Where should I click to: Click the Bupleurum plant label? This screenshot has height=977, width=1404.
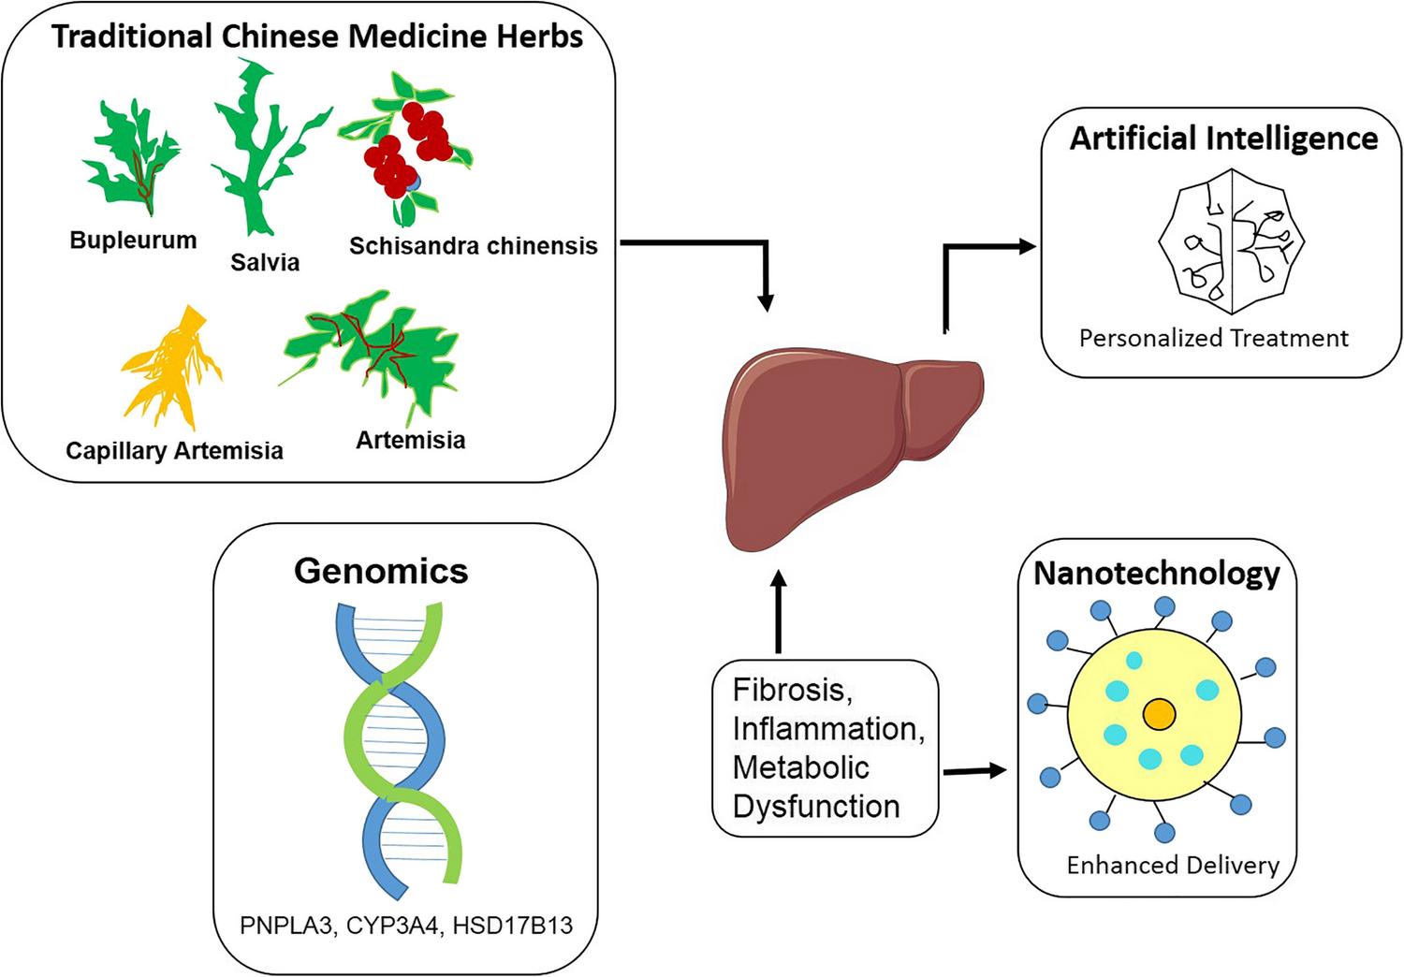(133, 241)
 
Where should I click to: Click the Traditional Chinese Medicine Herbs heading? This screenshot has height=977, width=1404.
(317, 36)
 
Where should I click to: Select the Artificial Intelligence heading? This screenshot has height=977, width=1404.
(1223, 139)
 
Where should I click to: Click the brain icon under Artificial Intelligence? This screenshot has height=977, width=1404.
(1231, 241)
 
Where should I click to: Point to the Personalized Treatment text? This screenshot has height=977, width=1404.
(1213, 338)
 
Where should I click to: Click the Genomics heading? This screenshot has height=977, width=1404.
(381, 571)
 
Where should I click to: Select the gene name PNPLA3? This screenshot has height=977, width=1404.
(285, 926)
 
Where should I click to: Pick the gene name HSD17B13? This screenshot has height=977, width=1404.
(512, 926)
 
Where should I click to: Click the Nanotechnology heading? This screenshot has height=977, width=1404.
(1156, 573)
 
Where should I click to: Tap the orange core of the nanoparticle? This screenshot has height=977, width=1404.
(1159, 715)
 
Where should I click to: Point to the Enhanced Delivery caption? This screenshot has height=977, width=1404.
(1172, 865)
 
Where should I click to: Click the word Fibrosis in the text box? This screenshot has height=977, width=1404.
(791, 690)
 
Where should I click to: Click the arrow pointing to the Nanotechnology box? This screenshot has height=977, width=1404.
(973, 771)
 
